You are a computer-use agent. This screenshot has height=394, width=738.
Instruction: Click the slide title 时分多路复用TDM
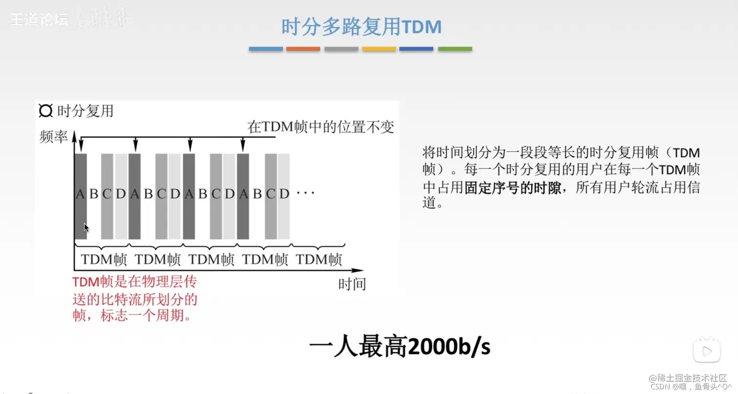(361, 26)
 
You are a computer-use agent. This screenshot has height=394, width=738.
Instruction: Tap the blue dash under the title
(266, 49)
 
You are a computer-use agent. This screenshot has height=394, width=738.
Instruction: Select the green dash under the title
(454, 49)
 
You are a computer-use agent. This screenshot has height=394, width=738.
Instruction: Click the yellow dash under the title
(379, 49)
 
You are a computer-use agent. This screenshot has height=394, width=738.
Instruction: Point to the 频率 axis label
(53, 137)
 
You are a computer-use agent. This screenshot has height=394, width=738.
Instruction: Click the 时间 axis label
(351, 284)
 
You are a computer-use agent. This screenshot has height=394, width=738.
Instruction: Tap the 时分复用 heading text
(85, 111)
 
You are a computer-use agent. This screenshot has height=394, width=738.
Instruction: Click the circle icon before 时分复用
(45, 111)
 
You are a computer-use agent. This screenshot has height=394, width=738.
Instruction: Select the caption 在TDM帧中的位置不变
(320, 127)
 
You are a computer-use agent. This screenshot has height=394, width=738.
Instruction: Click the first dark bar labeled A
(81, 195)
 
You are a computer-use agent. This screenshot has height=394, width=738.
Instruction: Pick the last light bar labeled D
(284, 195)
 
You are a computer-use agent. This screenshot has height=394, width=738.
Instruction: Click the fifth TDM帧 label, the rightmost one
(319, 259)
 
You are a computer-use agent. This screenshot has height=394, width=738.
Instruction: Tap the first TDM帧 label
(103, 259)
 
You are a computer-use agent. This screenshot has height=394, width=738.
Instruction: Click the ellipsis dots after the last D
(306, 193)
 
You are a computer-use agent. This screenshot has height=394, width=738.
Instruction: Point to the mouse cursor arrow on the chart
(86, 228)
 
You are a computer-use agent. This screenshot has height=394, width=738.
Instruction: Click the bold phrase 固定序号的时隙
(512, 188)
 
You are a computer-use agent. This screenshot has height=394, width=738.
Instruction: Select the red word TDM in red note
(85, 282)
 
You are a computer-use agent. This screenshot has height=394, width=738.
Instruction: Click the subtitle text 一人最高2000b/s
(399, 347)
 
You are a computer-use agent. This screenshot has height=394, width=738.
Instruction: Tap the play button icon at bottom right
(706, 350)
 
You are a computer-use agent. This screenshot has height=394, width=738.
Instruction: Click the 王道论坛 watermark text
(39, 20)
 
